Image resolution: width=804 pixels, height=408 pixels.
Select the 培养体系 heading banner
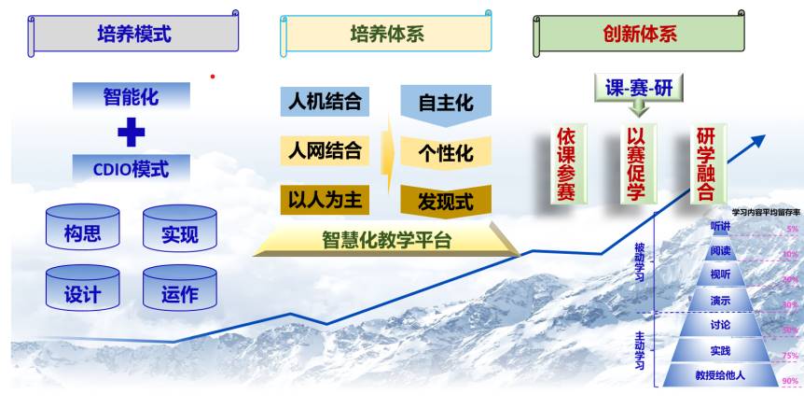(x=386, y=35)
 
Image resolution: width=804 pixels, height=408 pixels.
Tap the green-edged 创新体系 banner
(x=640, y=35)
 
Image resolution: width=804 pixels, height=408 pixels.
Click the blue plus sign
(x=132, y=133)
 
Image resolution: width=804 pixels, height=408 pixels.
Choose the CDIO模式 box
(x=132, y=170)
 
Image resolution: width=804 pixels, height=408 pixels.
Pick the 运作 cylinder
(x=180, y=294)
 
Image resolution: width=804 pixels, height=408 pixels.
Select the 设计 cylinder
(x=82, y=294)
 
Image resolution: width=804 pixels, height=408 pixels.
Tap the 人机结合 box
(x=325, y=101)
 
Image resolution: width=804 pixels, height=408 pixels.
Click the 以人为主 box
(x=325, y=200)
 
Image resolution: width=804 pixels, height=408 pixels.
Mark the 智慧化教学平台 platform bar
(x=386, y=240)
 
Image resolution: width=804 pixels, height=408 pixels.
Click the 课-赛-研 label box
(x=639, y=88)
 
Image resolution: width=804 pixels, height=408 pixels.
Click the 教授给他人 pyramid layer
(x=719, y=376)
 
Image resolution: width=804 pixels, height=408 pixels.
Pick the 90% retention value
(x=790, y=381)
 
